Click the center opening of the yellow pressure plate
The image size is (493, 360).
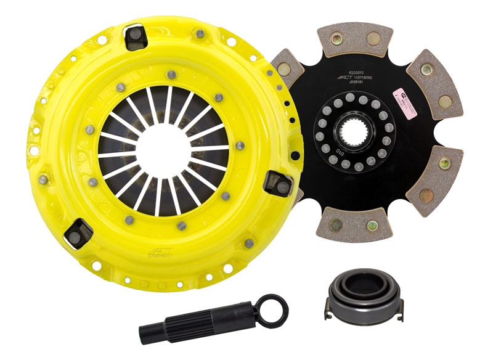(160, 147)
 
